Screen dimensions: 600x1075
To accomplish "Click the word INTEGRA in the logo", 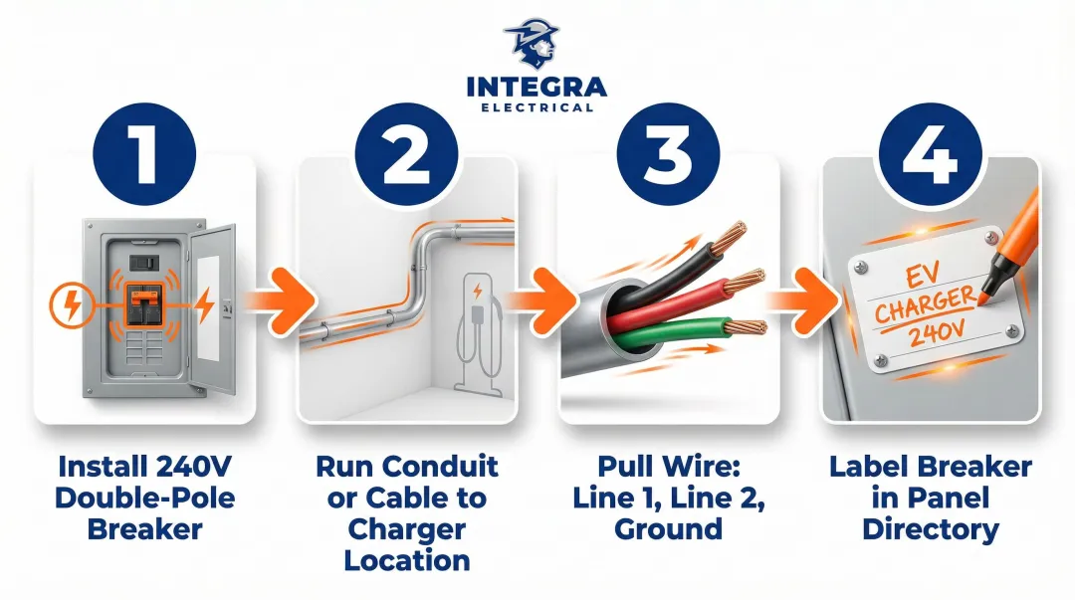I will click(x=537, y=87).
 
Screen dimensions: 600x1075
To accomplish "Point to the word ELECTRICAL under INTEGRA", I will click(x=537, y=107).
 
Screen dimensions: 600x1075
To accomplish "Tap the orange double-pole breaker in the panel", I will click(x=144, y=303).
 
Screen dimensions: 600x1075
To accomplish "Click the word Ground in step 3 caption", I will click(x=668, y=527).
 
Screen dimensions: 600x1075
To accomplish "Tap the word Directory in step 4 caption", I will click(x=930, y=529).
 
